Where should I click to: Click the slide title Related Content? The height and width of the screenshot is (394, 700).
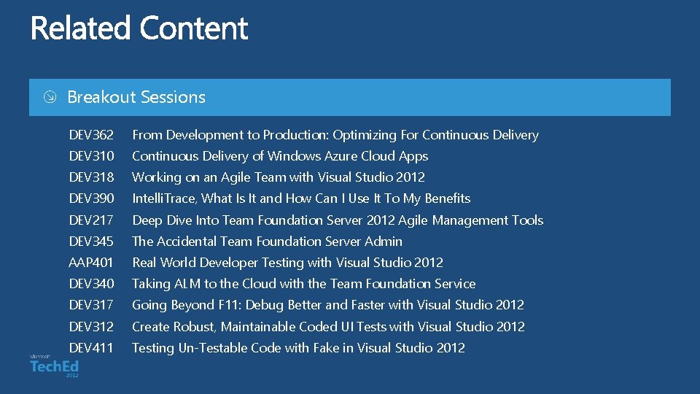point(139,28)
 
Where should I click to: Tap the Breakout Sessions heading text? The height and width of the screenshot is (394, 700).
point(136,97)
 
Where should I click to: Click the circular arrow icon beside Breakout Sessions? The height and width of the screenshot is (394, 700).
point(49,98)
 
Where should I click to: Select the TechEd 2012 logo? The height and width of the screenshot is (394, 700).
point(54,365)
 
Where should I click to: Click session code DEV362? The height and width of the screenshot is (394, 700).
point(91,135)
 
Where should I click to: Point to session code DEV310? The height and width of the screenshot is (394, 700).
point(91,156)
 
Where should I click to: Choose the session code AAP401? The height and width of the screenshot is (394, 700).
point(91,263)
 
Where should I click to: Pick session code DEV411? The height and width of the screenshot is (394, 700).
point(91,348)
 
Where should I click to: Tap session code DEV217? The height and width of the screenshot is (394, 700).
point(91,220)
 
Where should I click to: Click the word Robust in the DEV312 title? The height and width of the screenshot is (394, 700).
point(195,327)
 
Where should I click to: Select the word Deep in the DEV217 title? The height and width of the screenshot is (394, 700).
point(147,220)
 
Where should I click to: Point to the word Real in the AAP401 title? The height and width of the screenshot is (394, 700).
point(144,263)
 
